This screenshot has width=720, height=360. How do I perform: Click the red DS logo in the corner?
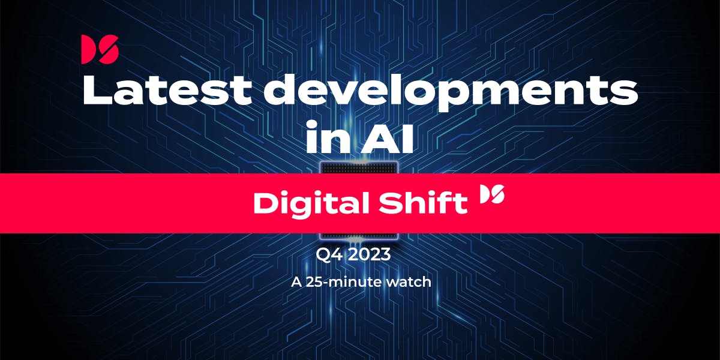(x=100, y=50)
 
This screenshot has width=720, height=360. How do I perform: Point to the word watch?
(x=411, y=281)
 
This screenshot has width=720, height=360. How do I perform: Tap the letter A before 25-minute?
(x=295, y=281)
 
